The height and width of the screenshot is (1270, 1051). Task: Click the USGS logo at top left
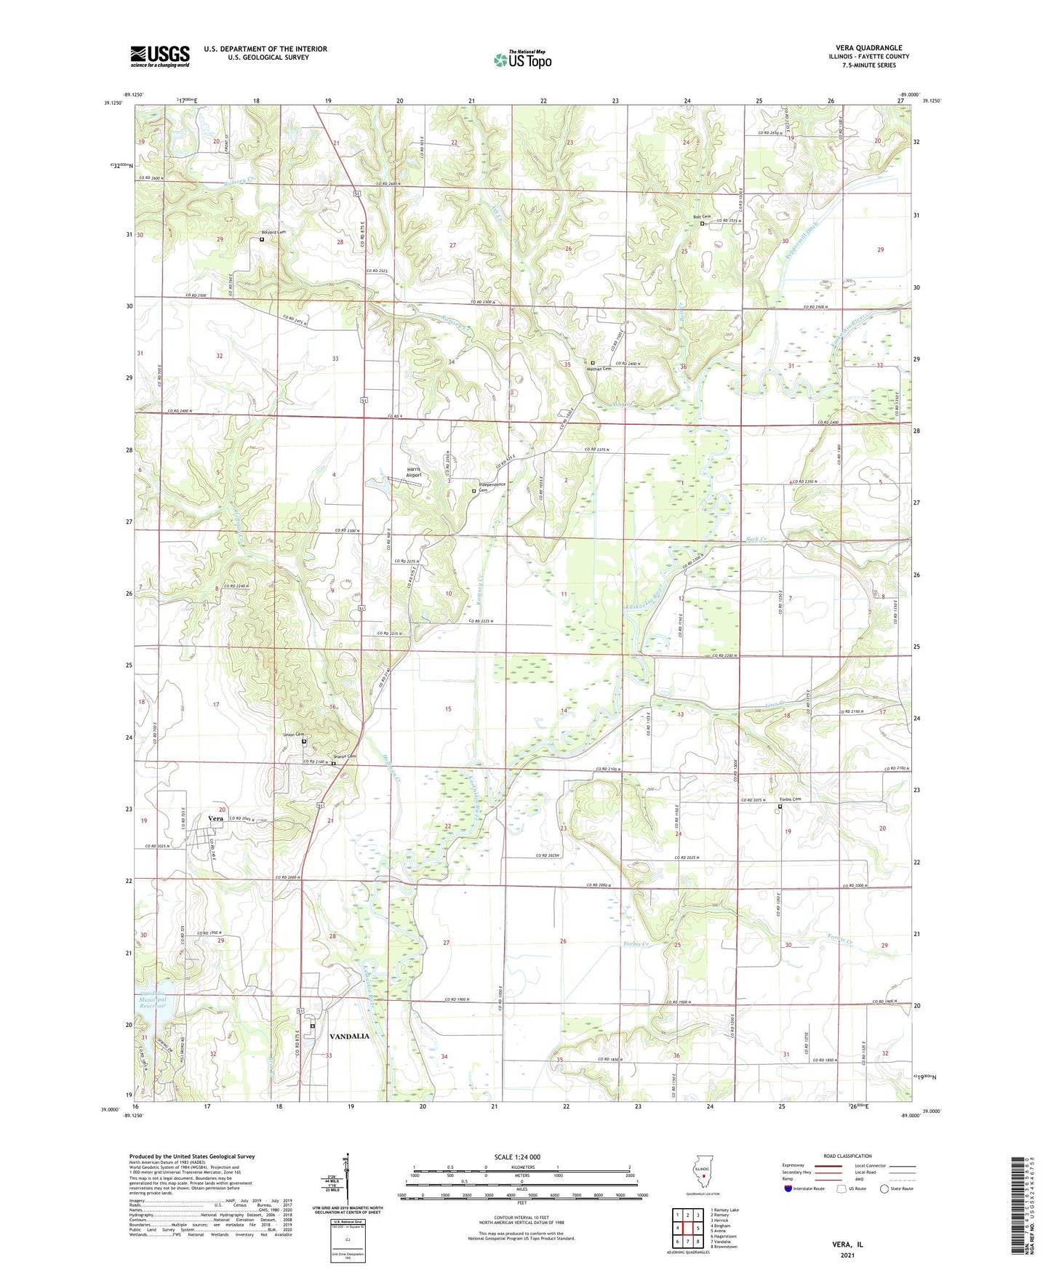click(160, 56)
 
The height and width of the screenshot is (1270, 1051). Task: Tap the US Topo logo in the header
click(521, 60)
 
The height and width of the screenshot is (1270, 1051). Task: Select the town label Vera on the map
click(215, 818)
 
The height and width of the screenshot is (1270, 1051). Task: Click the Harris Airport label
click(413, 472)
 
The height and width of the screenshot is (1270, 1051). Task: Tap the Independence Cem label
click(492, 487)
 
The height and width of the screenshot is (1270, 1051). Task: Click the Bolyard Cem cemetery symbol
click(262, 239)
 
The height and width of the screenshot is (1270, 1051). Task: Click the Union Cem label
click(293, 735)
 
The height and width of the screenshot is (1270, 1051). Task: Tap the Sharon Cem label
click(345, 756)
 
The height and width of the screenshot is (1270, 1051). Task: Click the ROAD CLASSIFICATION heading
click(847, 1156)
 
